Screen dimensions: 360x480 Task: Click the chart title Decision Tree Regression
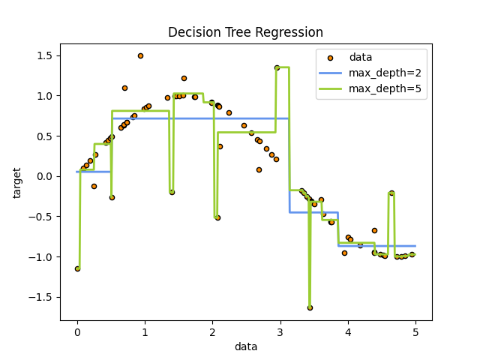click(x=245, y=32)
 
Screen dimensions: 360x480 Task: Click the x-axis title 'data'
click(x=246, y=346)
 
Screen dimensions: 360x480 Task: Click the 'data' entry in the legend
click(x=361, y=57)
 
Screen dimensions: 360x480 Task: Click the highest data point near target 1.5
click(x=140, y=55)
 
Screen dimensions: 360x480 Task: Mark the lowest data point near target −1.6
click(x=310, y=307)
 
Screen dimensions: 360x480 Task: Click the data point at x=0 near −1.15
click(x=77, y=268)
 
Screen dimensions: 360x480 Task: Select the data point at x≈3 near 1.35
click(x=277, y=67)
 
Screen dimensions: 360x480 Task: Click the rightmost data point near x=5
click(x=412, y=254)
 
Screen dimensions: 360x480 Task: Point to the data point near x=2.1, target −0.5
click(x=217, y=217)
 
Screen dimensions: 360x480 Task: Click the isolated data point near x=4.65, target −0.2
click(x=391, y=193)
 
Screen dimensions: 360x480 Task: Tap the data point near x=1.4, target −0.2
click(x=172, y=192)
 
